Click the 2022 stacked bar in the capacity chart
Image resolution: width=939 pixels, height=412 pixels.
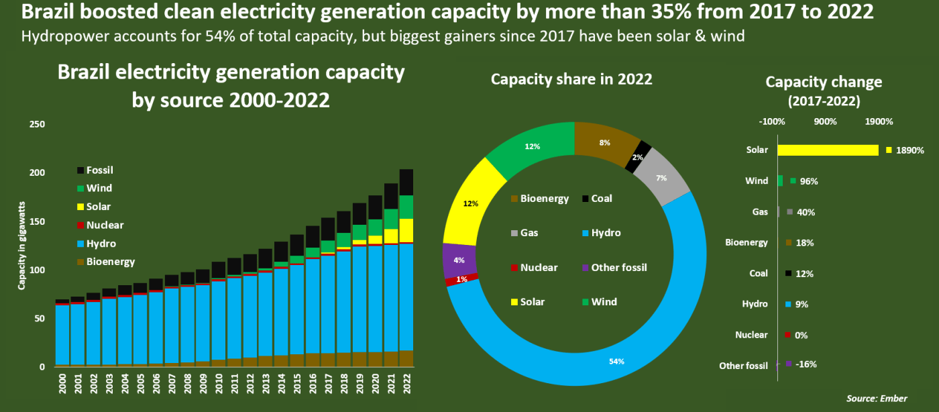406,268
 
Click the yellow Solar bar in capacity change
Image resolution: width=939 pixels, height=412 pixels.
828,150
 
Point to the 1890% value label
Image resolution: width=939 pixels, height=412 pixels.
909,150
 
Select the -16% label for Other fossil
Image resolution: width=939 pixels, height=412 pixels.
806,364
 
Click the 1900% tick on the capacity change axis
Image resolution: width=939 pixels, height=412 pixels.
879,122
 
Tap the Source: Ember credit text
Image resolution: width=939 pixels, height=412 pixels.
877,399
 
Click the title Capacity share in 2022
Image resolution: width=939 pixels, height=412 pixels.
571,79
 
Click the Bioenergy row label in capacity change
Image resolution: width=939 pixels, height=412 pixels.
747,243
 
